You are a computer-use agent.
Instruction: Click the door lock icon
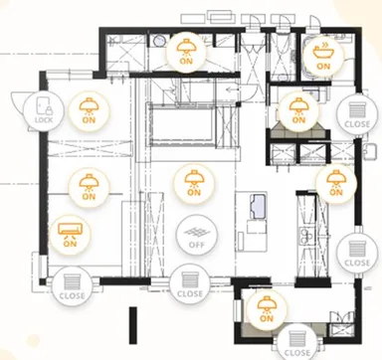(44, 110)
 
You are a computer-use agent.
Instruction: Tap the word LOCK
(44, 119)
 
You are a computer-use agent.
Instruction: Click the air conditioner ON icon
(70, 235)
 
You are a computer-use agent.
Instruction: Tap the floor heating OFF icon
(197, 236)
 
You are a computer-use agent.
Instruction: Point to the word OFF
(197, 245)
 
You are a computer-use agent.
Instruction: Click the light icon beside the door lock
(89, 110)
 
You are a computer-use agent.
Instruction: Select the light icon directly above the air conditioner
(89, 187)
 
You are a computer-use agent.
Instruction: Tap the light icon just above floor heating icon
(194, 183)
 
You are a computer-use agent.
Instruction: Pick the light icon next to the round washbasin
(186, 52)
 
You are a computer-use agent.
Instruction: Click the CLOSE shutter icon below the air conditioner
(72, 286)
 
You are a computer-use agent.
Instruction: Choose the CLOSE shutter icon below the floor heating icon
(190, 284)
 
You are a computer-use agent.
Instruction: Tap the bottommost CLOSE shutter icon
(296, 342)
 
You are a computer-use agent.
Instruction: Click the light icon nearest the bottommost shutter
(266, 309)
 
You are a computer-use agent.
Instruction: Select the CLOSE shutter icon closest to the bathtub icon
(357, 115)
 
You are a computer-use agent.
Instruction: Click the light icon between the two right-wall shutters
(336, 183)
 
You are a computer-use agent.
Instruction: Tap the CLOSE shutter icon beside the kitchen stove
(357, 254)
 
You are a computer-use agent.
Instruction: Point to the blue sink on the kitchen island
(258, 206)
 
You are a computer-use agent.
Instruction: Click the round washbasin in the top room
(158, 41)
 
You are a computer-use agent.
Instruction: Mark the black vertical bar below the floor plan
(133, 325)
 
